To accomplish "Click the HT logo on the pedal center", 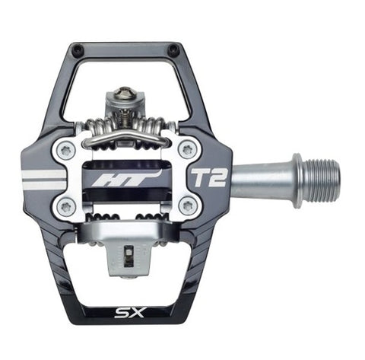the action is click(126, 177).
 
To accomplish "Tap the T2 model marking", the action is click(208, 177).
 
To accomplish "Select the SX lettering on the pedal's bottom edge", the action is click(129, 312).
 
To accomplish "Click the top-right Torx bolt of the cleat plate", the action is click(188, 150).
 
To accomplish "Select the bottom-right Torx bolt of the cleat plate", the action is click(188, 206).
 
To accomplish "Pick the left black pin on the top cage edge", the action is click(77, 47).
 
